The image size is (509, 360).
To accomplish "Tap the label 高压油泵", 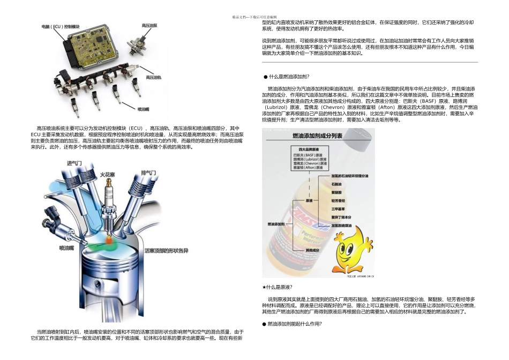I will pyautogui.click(x=149, y=25).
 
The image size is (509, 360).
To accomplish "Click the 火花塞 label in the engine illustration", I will pyautogui.click(x=108, y=174).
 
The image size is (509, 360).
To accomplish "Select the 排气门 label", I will pyautogui.click(x=148, y=172).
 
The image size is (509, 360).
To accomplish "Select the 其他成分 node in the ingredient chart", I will pyautogui.click(x=312, y=250).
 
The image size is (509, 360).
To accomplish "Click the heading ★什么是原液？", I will pyautogui.click(x=277, y=287).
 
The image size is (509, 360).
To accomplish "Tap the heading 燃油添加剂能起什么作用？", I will pyautogui.click(x=294, y=324).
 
